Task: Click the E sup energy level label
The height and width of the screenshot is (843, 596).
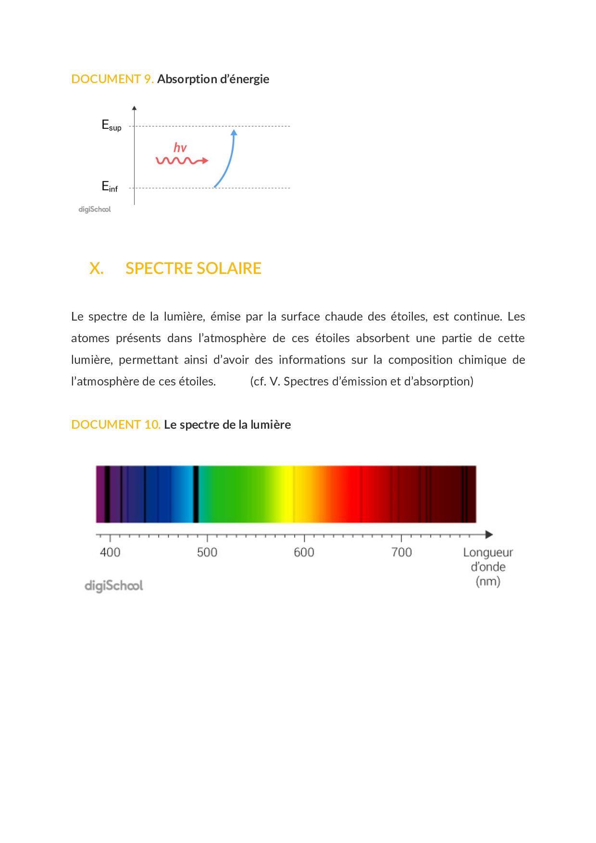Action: pyautogui.click(x=111, y=125)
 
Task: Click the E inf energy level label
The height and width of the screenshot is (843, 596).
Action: pyautogui.click(x=110, y=186)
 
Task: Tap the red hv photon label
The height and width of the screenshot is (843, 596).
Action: pyautogui.click(x=180, y=148)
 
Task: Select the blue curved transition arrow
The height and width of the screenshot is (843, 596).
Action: pyautogui.click(x=228, y=161)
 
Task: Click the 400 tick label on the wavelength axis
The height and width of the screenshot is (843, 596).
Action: pyautogui.click(x=110, y=552)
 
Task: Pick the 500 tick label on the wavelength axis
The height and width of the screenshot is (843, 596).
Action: pyautogui.click(x=207, y=552)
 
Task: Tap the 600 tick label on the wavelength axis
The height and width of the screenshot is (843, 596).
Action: pyautogui.click(x=304, y=552)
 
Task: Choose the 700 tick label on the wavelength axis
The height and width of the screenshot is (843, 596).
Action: pyautogui.click(x=401, y=552)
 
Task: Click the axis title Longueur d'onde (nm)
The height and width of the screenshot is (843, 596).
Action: pyautogui.click(x=488, y=567)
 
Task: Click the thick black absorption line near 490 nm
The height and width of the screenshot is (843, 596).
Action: pyautogui.click(x=196, y=494)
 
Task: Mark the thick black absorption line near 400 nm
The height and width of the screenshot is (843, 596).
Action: pyautogui.click(x=107, y=494)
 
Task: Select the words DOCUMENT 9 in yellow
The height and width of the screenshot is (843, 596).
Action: pyautogui.click(x=112, y=79)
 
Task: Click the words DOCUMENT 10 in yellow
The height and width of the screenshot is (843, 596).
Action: pyautogui.click(x=115, y=424)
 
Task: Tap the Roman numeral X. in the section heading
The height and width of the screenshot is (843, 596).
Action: pyautogui.click(x=96, y=268)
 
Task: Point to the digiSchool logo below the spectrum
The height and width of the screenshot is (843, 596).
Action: pyautogui.click(x=113, y=586)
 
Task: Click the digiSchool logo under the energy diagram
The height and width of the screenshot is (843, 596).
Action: pyautogui.click(x=95, y=210)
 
